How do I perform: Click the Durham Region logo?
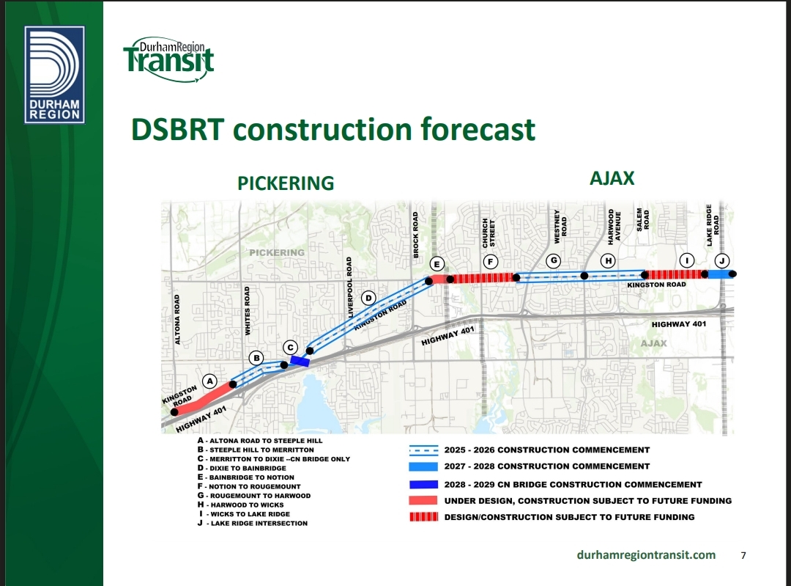pyautogui.click(x=54, y=75)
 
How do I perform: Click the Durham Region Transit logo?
pyautogui.click(x=169, y=59)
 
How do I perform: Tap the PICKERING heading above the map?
pyautogui.click(x=286, y=183)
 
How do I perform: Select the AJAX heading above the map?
pyautogui.click(x=612, y=178)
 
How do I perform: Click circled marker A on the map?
pyautogui.click(x=209, y=381)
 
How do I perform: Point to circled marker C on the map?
pyautogui.click(x=290, y=348)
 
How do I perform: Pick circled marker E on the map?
pyautogui.click(x=437, y=264)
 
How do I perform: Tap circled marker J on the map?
pyautogui.click(x=722, y=260)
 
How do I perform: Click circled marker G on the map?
pyautogui.click(x=554, y=260)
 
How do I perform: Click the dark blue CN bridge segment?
pyautogui.click(x=300, y=361)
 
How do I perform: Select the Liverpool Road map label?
pyautogui.click(x=349, y=287)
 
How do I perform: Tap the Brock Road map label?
pyautogui.click(x=416, y=235)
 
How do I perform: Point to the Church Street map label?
pyautogui.click(x=489, y=233)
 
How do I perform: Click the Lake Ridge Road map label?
pyautogui.click(x=713, y=225)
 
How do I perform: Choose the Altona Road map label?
pyautogui.click(x=177, y=320)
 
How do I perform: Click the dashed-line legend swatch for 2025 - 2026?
pyautogui.click(x=423, y=450)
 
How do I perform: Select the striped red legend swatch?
pyautogui.click(x=423, y=517)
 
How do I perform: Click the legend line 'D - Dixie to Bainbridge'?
pyautogui.click(x=242, y=469)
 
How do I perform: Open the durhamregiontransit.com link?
pyautogui.click(x=646, y=554)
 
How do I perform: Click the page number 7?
pyautogui.click(x=743, y=556)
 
